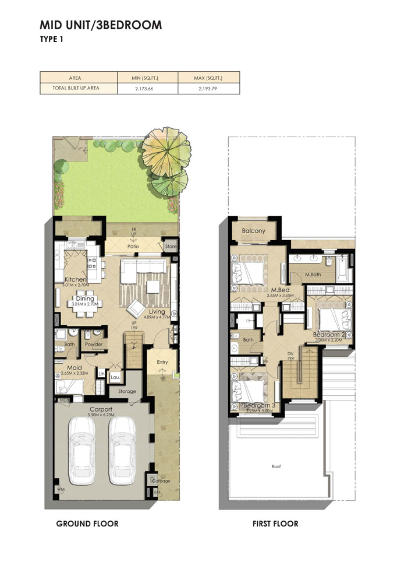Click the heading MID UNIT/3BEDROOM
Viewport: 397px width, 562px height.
100,25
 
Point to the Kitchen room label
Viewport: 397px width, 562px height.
75,280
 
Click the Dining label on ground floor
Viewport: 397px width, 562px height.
84,298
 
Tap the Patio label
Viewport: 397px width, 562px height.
134,247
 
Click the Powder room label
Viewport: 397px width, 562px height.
94,345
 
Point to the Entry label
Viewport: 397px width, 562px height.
162,362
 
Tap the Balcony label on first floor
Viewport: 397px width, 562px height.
253,231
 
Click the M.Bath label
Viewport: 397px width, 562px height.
314,274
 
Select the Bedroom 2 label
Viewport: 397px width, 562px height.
329,335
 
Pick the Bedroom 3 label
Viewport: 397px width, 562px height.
260,405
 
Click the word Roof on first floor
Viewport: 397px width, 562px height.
276,466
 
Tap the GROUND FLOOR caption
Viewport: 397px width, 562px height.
87,524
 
